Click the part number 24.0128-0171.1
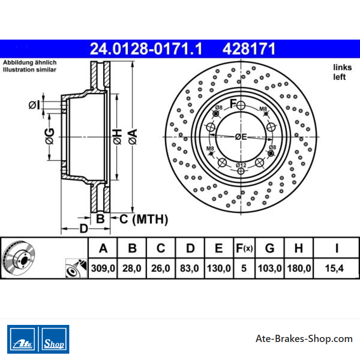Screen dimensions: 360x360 [x=146, y=49]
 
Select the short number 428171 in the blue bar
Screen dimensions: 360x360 [x=249, y=49]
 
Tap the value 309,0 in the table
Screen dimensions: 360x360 [x=103, y=268]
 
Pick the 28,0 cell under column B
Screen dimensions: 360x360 [x=132, y=268]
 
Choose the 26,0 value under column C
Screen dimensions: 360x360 [x=161, y=268]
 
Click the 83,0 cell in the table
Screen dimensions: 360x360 [x=189, y=268]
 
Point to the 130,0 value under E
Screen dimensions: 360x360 [x=219, y=268]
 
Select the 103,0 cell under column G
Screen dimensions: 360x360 [x=270, y=268]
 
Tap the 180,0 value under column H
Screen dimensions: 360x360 [x=299, y=268]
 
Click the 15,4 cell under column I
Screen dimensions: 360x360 [x=334, y=268]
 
